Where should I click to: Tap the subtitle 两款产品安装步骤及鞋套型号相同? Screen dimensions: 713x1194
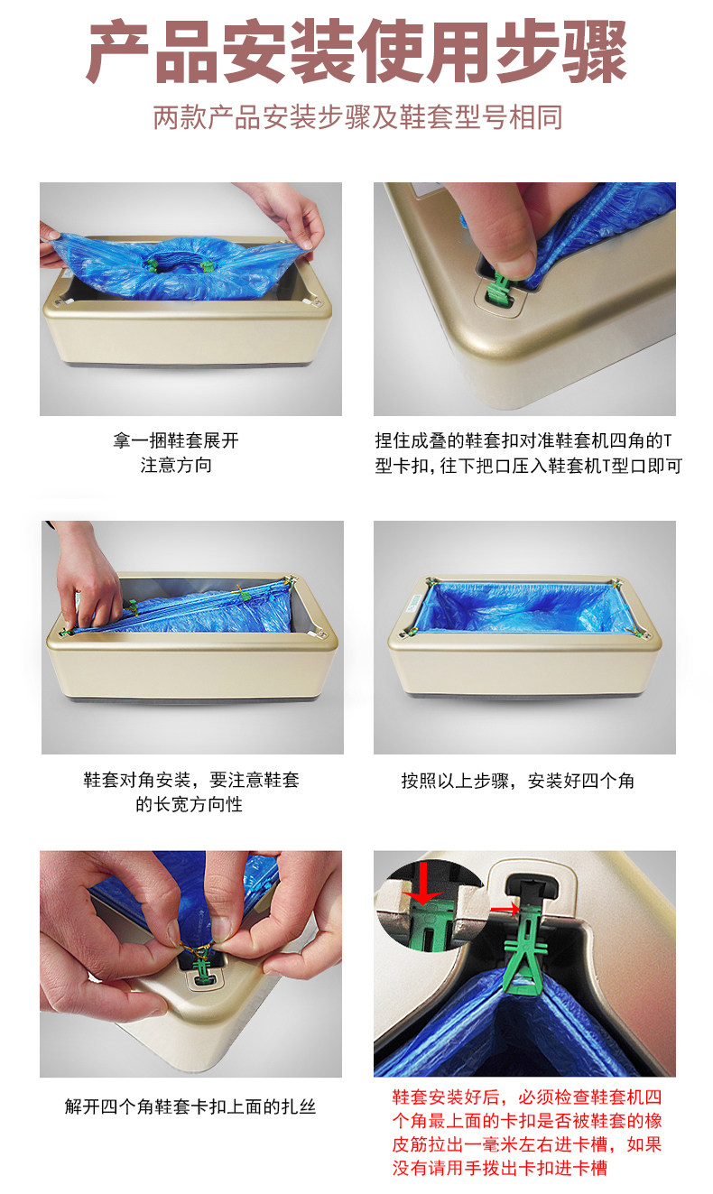click(357, 117)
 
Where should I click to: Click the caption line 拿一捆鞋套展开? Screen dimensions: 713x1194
click(176, 440)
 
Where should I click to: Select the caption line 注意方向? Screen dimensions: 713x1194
click(176, 466)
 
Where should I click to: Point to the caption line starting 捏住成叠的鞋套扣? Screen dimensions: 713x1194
click(523, 440)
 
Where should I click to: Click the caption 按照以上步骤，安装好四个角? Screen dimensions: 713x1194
click(517, 781)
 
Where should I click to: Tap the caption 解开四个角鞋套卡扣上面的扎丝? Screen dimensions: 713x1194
click(190, 1107)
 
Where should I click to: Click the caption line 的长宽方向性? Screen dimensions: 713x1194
click(190, 804)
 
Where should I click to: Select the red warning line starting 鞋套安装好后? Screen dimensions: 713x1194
click(527, 1097)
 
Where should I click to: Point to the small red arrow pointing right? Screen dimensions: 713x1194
click(505, 909)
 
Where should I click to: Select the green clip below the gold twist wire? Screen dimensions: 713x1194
click(202, 969)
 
